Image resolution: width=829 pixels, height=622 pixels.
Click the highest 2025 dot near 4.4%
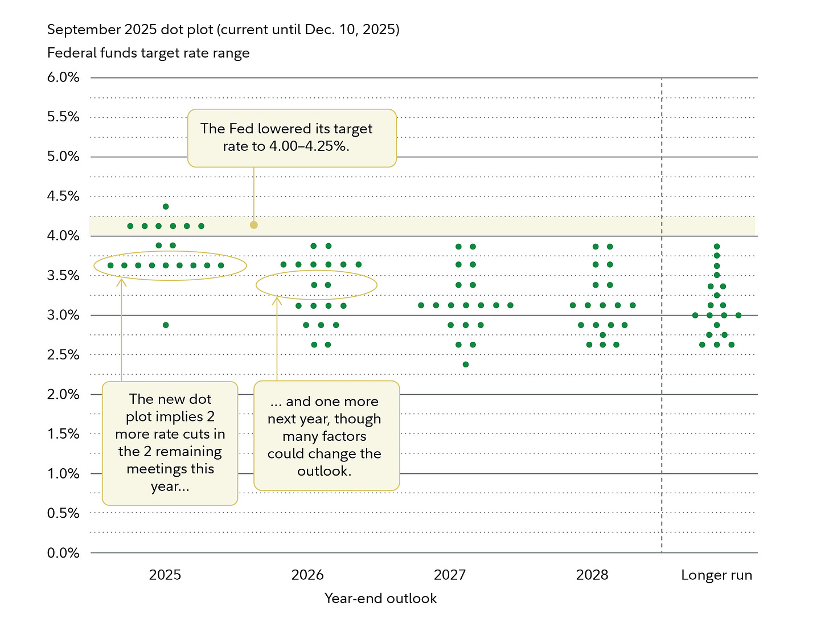click(166, 207)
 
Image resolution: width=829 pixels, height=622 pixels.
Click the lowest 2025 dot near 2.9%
click(166, 325)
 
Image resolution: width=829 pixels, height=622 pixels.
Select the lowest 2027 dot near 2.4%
click(466, 365)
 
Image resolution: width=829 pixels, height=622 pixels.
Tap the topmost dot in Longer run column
click(717, 247)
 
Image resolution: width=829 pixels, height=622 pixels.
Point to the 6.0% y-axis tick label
click(63, 77)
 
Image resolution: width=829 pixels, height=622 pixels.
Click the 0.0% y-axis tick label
click(63, 553)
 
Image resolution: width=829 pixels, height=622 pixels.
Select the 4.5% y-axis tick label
click(63, 197)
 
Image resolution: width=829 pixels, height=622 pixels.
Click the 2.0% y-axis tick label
click(63, 395)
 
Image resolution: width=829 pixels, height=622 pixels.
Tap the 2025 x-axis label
click(165, 575)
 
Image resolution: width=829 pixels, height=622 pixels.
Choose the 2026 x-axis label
click(307, 575)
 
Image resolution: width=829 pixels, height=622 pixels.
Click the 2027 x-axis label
click(450, 575)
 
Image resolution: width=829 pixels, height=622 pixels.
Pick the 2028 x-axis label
click(592, 575)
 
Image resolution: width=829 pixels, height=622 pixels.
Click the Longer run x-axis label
click(716, 575)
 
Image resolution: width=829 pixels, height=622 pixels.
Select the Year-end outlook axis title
click(380, 599)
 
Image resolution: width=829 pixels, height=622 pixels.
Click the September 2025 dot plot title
click(223, 30)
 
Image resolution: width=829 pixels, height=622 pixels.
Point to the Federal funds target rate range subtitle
click(149, 54)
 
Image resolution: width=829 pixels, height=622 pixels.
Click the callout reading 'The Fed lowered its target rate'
click(292, 138)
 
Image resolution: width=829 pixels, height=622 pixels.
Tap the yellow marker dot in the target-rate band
click(254, 225)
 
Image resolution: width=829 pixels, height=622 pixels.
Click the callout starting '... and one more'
click(326, 436)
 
